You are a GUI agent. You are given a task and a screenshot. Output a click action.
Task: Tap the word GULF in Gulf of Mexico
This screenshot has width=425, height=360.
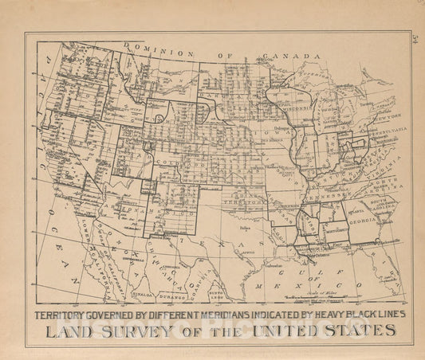click(x=308, y=272)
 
